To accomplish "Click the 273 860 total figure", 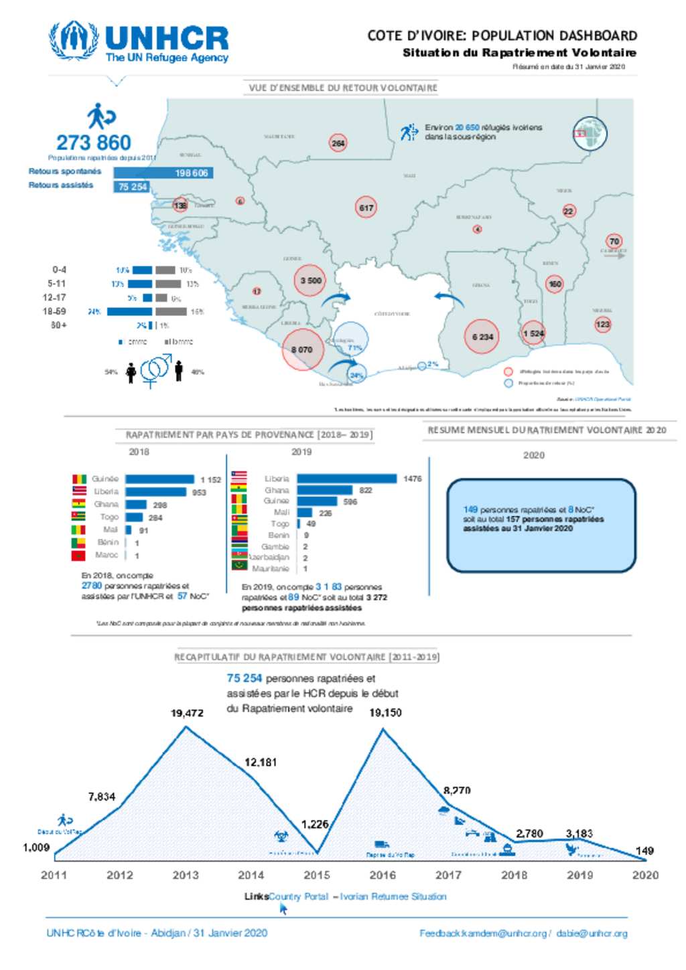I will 94,143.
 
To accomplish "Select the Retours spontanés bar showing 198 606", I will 163,173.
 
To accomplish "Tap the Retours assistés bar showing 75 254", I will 131,187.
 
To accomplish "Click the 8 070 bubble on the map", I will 302,349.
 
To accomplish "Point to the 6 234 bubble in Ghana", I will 482,337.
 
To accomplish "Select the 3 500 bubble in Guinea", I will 310,280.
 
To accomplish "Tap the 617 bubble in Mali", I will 366,208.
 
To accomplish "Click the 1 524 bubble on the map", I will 533,333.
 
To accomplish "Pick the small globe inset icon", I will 590,133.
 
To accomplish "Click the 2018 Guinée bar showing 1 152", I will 159,479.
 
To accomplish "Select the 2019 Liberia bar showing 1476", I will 347,479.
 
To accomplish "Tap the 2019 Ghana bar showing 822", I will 325,490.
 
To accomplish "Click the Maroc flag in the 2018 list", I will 78,555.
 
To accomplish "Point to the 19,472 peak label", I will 187,713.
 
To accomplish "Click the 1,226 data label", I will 314,824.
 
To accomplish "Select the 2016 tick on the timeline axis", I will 383,875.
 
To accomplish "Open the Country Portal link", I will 298,896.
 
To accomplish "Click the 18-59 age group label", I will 54,311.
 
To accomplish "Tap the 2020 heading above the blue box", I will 533,455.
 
